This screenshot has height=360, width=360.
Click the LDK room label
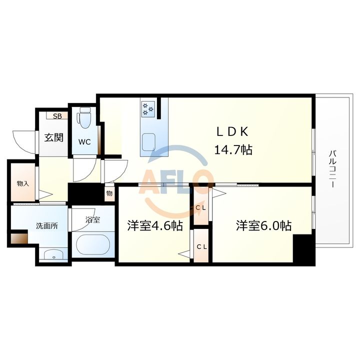click(x=232, y=131)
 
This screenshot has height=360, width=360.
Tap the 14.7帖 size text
click(x=232, y=149)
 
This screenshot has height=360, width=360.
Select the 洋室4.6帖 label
click(x=154, y=225)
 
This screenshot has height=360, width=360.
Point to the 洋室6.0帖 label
click(x=264, y=225)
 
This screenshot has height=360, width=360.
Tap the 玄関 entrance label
click(x=53, y=137)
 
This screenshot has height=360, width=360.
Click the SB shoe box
click(x=57, y=116)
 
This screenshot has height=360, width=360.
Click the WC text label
click(x=84, y=141)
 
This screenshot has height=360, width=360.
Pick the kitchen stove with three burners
click(x=148, y=108)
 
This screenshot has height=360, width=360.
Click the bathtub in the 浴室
click(x=93, y=245)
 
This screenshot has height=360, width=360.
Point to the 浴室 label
click(x=92, y=218)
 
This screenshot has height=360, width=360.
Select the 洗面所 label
click(x=46, y=225)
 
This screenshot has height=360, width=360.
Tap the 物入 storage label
click(x=22, y=183)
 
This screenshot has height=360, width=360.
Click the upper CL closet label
click(x=201, y=207)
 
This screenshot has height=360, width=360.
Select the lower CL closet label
click(x=201, y=246)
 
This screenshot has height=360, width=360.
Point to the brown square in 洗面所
click(x=19, y=239)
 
